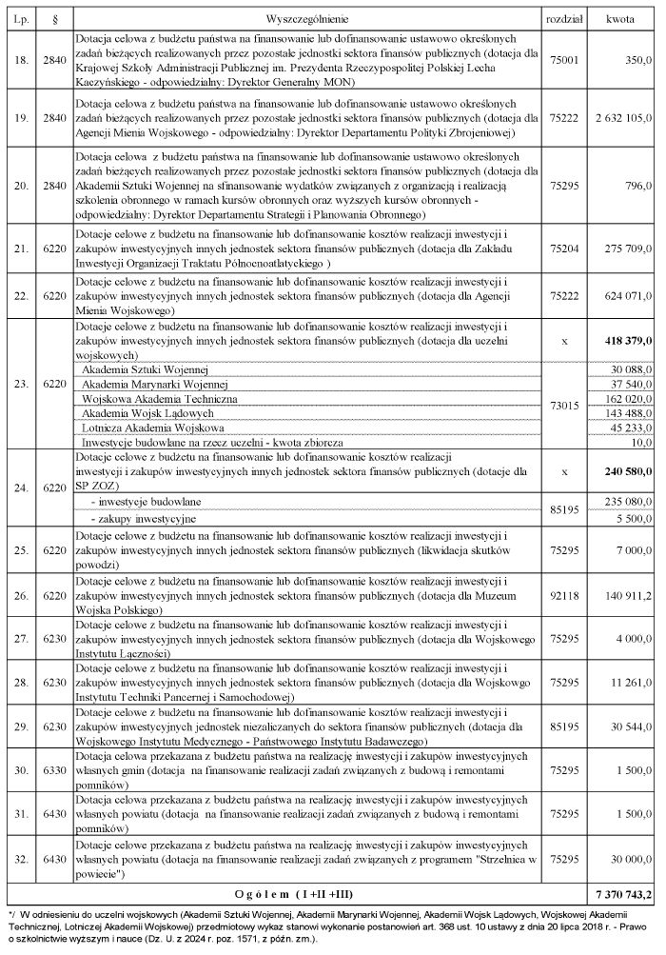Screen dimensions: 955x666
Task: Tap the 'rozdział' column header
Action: coord(563,19)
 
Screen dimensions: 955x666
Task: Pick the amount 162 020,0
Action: coord(627,399)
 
